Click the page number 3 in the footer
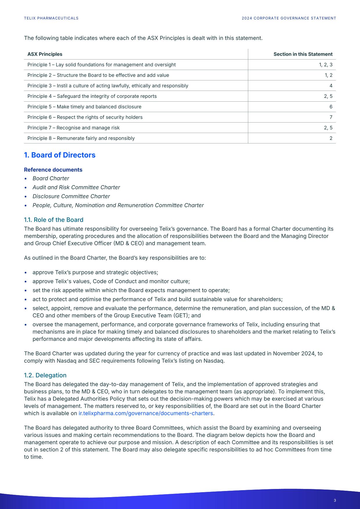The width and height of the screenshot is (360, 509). [x=335, y=500]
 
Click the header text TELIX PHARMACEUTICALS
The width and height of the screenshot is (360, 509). [x=51, y=18]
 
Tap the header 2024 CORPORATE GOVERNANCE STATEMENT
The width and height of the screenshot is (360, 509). [x=289, y=18]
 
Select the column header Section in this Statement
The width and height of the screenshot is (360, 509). [x=303, y=54]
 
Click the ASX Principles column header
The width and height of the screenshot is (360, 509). [x=45, y=54]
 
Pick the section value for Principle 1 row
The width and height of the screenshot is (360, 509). [x=326, y=65]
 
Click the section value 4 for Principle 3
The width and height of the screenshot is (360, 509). [x=331, y=86]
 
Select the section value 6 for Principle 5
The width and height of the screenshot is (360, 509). [x=331, y=107]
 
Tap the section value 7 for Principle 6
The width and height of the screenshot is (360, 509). [x=331, y=117]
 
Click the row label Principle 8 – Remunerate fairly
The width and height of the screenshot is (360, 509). [x=81, y=138]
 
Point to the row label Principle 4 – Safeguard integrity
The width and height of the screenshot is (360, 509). [x=92, y=96]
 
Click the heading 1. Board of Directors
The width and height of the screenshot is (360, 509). [x=60, y=155]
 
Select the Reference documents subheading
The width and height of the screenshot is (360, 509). [x=53, y=170]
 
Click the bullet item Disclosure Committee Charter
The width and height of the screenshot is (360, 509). [x=71, y=197]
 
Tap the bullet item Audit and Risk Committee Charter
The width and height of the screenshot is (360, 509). [x=76, y=188]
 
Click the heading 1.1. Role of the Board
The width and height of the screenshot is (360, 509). [x=54, y=220]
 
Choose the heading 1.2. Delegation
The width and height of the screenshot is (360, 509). [x=45, y=375]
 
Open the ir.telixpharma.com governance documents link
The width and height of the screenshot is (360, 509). [x=146, y=413]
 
